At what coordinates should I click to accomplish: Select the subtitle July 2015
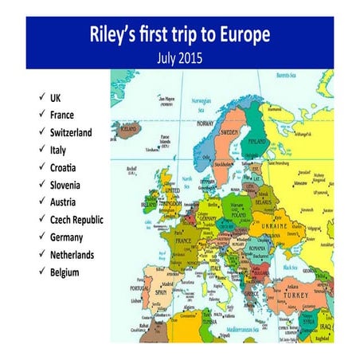(180, 57)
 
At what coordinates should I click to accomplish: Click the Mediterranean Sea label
(244, 327)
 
